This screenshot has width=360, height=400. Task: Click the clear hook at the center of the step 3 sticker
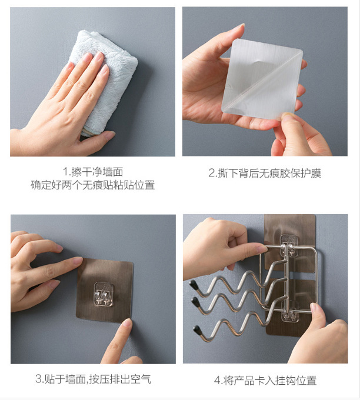[104, 294]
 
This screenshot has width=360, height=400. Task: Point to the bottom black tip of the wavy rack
[197, 329]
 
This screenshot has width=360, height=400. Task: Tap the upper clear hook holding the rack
[290, 245]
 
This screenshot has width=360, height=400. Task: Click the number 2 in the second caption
[212, 173]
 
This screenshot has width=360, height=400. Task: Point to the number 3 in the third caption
[38, 379]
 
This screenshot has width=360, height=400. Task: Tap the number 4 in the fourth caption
[218, 381]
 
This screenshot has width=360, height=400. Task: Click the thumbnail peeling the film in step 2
[288, 117]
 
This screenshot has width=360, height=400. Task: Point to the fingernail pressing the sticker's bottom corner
[127, 324]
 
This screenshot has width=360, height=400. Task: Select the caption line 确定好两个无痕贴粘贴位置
[92, 185]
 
